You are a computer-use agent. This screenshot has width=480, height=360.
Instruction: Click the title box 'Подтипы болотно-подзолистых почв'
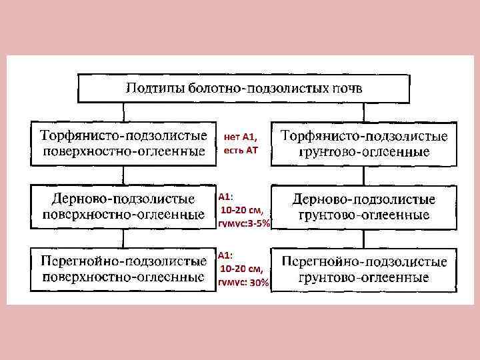245,89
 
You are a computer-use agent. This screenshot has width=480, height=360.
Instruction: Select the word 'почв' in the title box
346,89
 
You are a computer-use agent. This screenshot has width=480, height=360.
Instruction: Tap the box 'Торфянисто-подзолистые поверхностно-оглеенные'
124,143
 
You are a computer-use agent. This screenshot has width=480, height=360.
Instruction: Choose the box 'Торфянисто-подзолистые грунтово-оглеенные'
363,143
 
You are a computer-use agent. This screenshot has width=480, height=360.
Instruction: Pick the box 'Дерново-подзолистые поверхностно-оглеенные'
124,207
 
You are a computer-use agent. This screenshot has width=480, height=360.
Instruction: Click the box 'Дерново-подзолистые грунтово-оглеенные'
363,207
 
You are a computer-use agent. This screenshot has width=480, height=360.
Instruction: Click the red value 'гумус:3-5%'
244,224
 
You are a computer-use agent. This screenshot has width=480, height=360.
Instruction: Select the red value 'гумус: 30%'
244,283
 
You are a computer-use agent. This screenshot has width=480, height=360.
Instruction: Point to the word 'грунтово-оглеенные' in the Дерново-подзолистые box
363,215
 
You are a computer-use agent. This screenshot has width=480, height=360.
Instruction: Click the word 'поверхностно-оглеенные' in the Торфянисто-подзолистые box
124,151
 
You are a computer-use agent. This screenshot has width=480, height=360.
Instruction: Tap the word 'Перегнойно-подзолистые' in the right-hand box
363,261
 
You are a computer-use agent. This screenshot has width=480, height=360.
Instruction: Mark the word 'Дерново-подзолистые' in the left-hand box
124,199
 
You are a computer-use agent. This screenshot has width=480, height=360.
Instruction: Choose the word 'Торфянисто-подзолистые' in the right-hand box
363,136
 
